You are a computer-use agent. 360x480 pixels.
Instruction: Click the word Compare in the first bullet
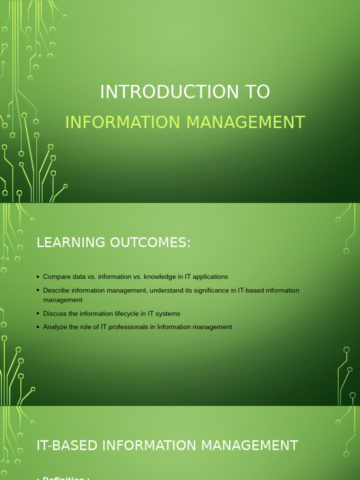pyautogui.click(x=56, y=277)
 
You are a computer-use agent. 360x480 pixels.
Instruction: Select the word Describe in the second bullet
pyautogui.click(x=57, y=291)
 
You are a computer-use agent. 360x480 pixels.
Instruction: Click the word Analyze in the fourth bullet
pyautogui.click(x=55, y=327)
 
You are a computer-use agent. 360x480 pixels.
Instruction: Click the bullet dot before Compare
pyautogui.click(x=38, y=277)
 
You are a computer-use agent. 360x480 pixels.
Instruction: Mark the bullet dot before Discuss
pyautogui.click(x=38, y=314)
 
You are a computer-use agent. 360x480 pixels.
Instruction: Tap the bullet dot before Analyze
pyautogui.click(x=38, y=327)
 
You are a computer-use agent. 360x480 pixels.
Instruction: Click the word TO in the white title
pyautogui.click(x=260, y=92)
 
